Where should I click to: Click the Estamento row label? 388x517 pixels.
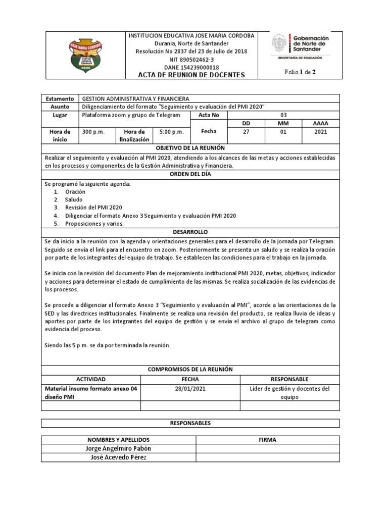tap(60, 99)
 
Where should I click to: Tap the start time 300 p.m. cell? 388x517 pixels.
tap(93, 132)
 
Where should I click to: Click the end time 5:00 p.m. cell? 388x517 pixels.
tap(171, 132)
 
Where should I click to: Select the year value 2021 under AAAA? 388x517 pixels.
tap(320, 132)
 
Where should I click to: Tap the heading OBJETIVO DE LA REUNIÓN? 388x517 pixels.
tap(190, 148)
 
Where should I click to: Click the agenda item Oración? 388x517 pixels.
tap(75, 192)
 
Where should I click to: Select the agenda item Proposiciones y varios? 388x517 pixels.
tap(94, 223)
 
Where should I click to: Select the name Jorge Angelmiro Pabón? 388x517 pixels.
tap(118, 449)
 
